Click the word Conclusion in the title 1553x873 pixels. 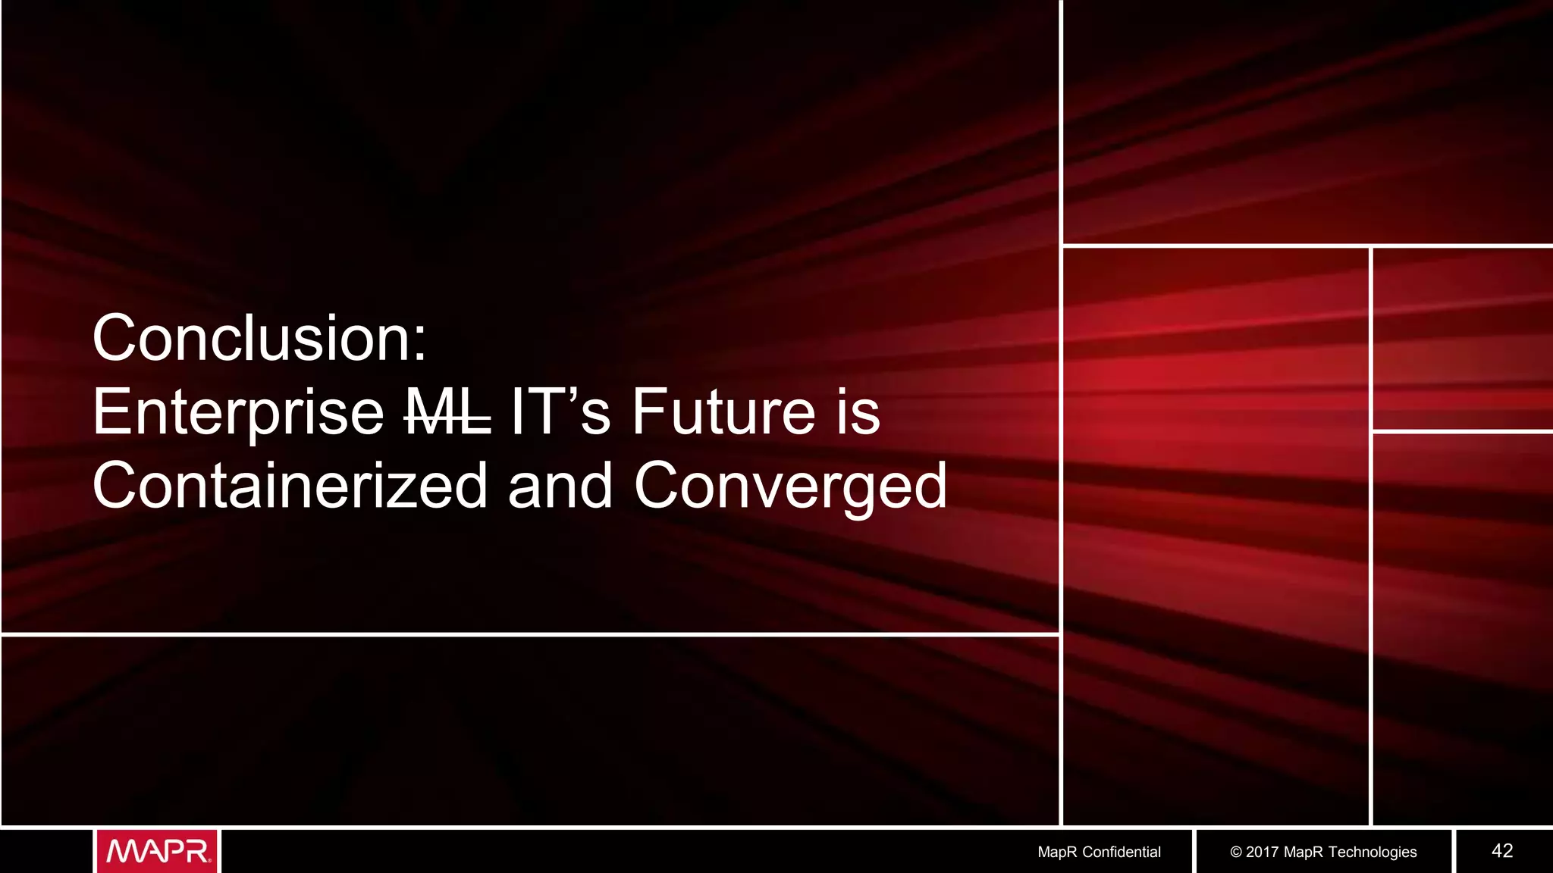pyautogui.click(x=251, y=339)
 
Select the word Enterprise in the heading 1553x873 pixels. pyautogui.click(x=238, y=413)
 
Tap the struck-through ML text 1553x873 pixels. pyautogui.click(x=448, y=413)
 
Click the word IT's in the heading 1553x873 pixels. pyautogui.click(x=560, y=413)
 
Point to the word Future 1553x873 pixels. pyautogui.click(x=723, y=413)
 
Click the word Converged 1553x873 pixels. pyautogui.click(x=790, y=486)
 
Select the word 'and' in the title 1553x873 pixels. pyautogui.click(x=560, y=486)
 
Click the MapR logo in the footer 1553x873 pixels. pyautogui.click(x=158, y=851)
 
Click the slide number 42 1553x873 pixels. pyautogui.click(x=1501, y=851)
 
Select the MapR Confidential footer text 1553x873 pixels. pyautogui.click(x=1099, y=852)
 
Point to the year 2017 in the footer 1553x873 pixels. pyautogui.click(x=1262, y=852)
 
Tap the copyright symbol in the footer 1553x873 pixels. pyautogui.click(x=1236, y=852)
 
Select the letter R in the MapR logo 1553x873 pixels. pyautogui.click(x=197, y=851)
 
